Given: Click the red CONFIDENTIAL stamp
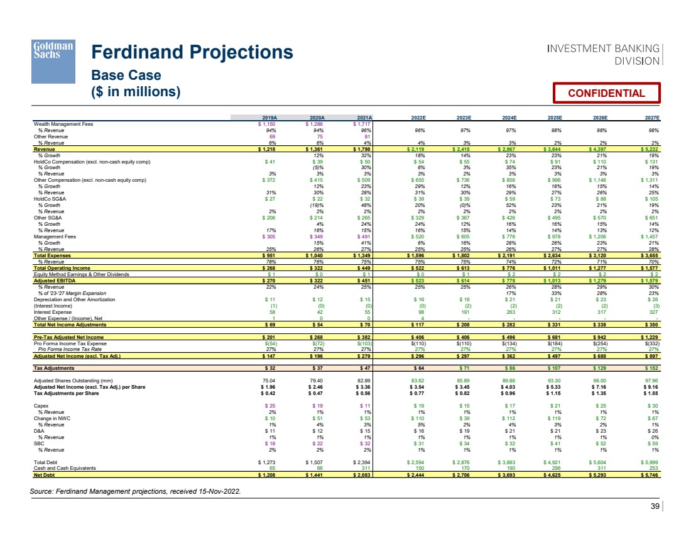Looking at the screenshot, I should [606, 93].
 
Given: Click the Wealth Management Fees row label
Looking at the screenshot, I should [63, 124].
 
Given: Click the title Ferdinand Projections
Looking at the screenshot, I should [192, 52].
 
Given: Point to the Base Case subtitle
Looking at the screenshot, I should [126, 75].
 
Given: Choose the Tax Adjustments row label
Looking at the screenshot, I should [54, 368].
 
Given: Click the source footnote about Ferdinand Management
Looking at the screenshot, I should [135, 491].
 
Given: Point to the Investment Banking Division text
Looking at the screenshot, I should [604, 55].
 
